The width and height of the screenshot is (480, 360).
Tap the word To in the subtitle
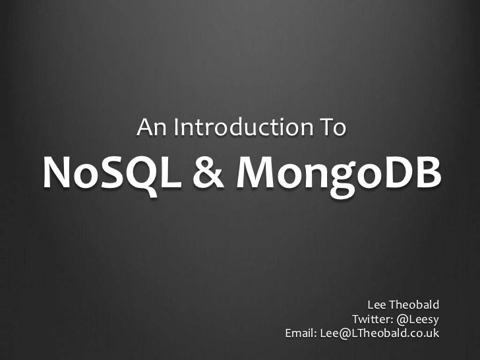coord(333,126)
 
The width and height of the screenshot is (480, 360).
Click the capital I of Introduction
coord(177,126)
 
